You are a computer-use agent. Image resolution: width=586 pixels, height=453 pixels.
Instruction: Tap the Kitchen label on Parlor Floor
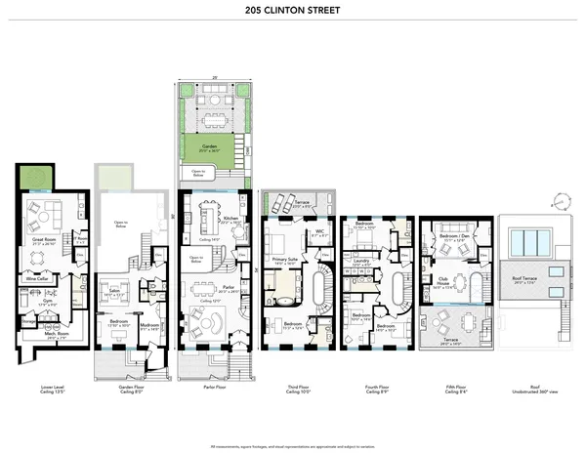[x=229, y=220]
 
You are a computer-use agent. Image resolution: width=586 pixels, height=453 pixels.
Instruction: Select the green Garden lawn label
[x=206, y=147]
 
